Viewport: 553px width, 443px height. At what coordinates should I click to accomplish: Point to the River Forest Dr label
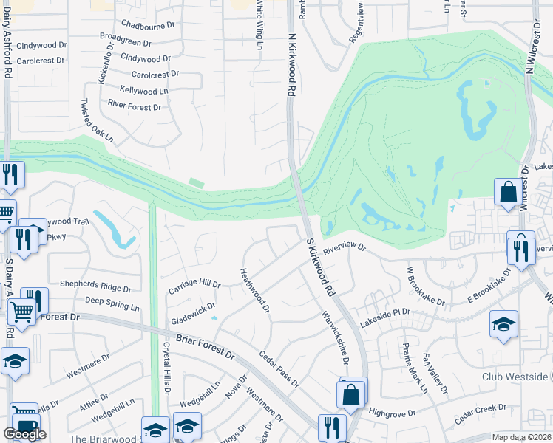pyautogui.click(x=135, y=107)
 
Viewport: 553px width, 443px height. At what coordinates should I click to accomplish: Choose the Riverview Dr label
pyautogui.click(x=344, y=249)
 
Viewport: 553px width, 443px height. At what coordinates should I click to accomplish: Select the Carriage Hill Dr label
pyautogui.click(x=195, y=283)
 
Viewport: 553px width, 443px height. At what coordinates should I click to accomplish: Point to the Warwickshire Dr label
pyautogui.click(x=334, y=336)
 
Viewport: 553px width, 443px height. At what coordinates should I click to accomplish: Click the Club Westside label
pyautogui.click(x=514, y=376)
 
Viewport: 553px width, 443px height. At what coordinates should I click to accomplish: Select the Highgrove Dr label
pyautogui.click(x=393, y=413)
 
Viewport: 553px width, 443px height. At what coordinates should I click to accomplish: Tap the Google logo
pyautogui.click(x=24, y=434)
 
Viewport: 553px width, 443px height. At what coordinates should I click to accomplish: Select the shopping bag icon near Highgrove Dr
pyautogui.click(x=352, y=394)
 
